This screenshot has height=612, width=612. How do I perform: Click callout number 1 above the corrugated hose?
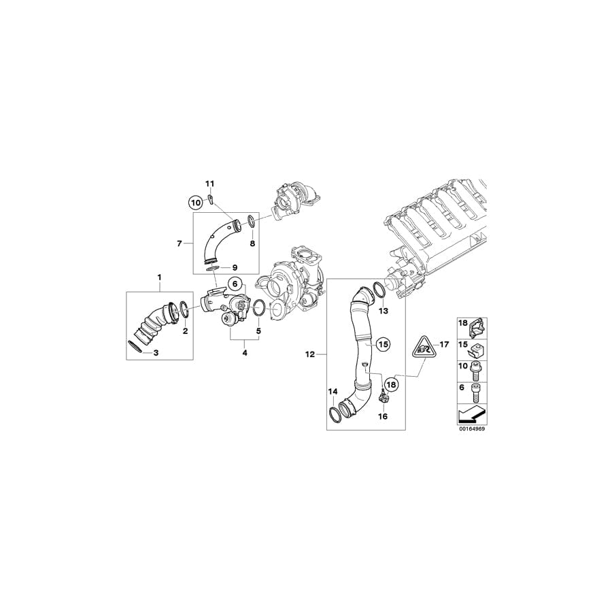coord(160,277)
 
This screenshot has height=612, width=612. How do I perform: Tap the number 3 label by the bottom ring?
coord(156,353)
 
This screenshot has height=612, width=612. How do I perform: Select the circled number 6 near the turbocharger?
coord(233,284)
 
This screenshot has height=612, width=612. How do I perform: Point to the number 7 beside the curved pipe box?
coord(180,243)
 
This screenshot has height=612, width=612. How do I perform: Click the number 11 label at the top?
coord(210,184)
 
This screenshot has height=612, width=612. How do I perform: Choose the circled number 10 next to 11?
coord(196,202)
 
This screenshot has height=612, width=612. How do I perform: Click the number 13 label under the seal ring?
coord(383,311)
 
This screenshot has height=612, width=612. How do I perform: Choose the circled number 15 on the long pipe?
coord(383,345)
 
